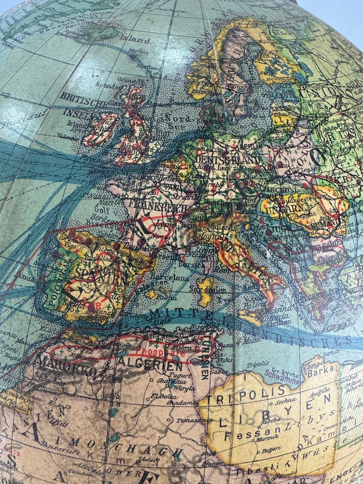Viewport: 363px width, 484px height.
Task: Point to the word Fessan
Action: pos(234,434)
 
